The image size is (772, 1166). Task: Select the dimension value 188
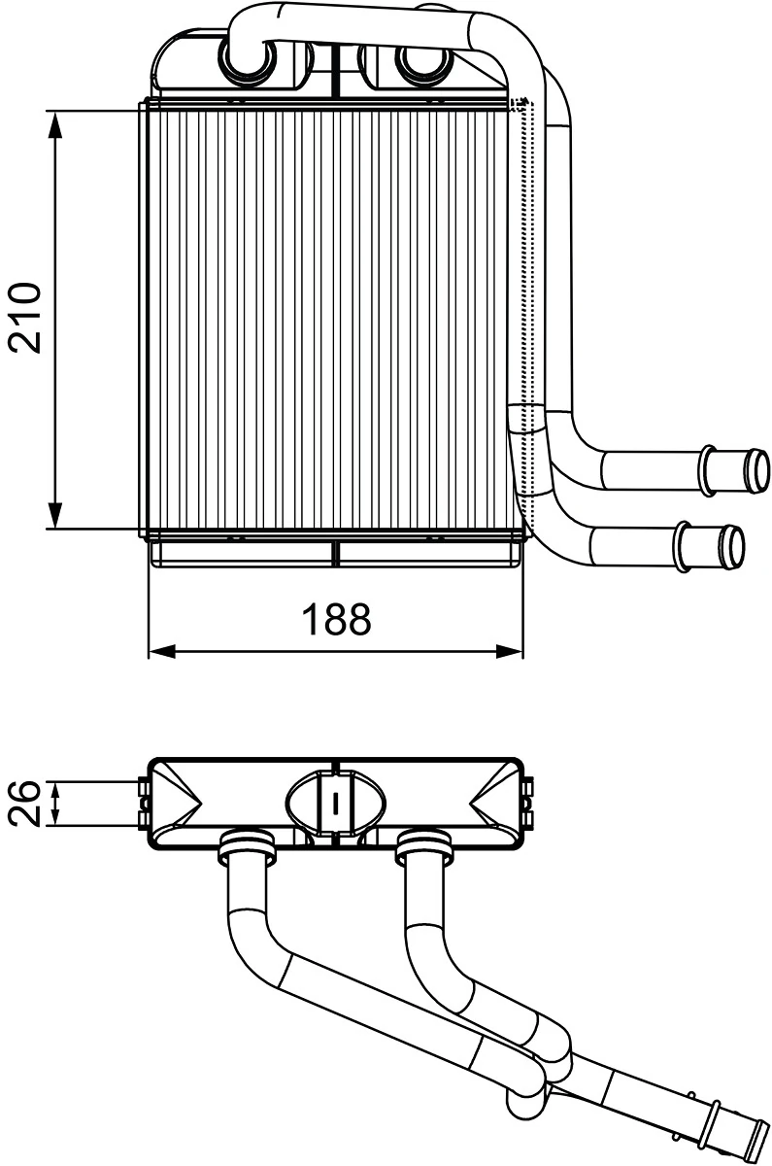(x=335, y=619)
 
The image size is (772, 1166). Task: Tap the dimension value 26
(x=26, y=803)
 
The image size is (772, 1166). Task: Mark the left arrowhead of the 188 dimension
(x=161, y=650)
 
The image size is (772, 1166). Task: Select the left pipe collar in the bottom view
(x=249, y=846)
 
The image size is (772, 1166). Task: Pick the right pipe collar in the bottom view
(x=425, y=846)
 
